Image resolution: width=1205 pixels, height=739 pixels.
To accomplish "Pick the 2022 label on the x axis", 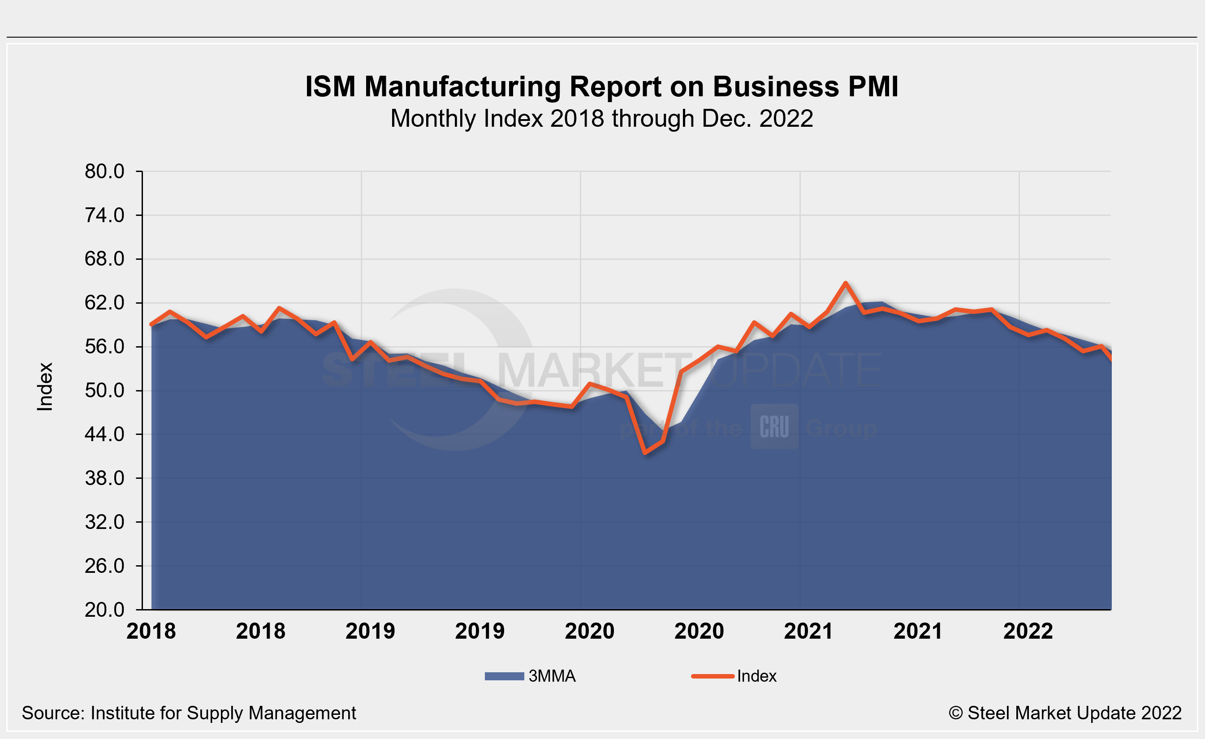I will tap(1028, 632).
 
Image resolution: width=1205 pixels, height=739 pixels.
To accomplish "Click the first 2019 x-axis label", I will tap(370, 632).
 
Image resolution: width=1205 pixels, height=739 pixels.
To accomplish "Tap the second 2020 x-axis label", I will tap(699, 632).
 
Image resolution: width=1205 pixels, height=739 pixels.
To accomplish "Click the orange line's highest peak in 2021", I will tap(846, 283).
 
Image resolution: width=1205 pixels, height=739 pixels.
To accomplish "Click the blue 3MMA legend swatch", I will tap(504, 676).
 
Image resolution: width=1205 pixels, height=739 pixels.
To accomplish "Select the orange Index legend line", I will tap(713, 676).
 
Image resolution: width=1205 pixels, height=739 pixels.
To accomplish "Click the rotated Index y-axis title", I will tap(45, 387).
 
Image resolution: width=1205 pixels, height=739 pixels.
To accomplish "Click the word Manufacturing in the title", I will tap(462, 87).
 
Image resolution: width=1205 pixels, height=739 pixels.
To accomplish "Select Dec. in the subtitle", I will tap(726, 119).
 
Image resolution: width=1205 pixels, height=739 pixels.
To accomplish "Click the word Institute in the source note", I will tap(123, 713).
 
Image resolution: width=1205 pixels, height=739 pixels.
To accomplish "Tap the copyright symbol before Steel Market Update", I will tap(955, 713).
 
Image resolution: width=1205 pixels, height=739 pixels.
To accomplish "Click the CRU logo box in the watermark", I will tap(774, 427).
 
